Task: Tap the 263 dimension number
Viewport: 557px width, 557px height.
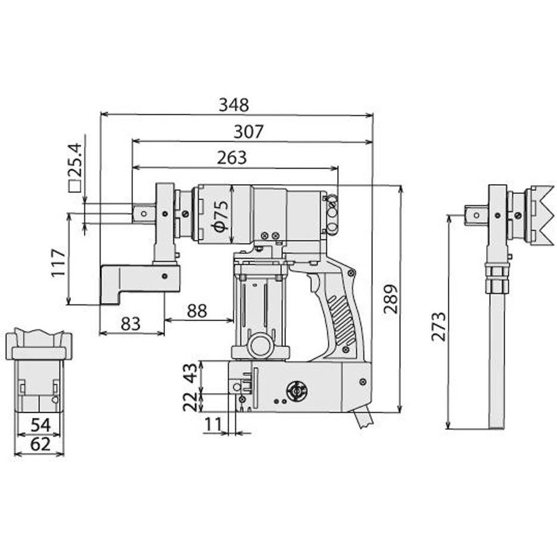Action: (232, 157)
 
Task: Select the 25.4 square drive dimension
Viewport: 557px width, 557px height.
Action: (74, 163)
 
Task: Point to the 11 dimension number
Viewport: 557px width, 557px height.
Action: (214, 424)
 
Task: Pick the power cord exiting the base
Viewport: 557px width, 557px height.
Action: (362, 421)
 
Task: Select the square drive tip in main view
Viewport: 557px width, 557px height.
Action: (144, 212)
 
